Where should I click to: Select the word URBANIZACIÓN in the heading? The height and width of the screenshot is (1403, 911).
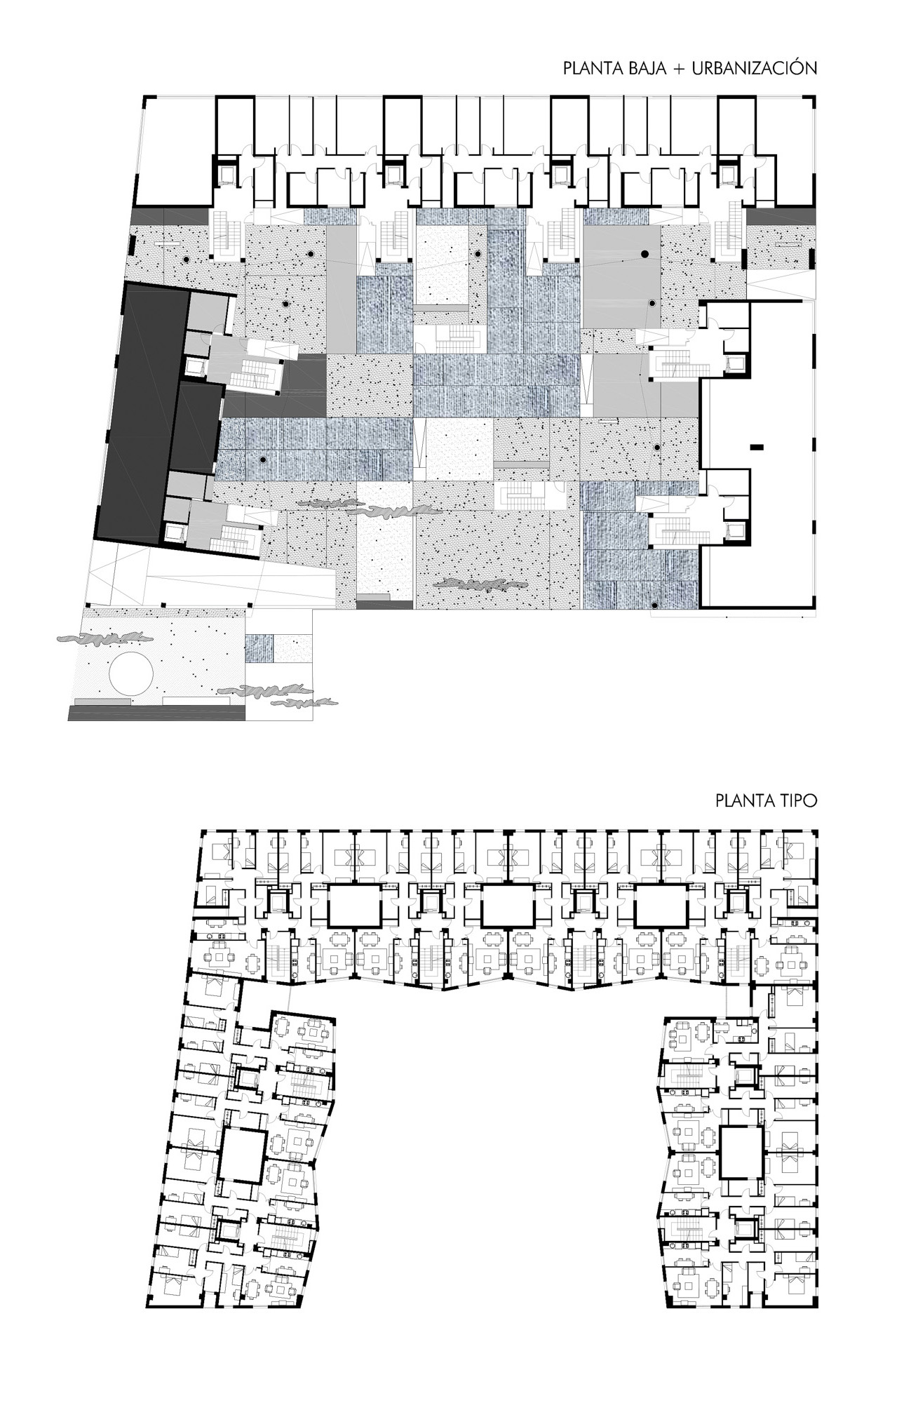pyautogui.click(x=754, y=68)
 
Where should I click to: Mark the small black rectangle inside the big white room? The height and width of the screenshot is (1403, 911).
pyautogui.click(x=756, y=446)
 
